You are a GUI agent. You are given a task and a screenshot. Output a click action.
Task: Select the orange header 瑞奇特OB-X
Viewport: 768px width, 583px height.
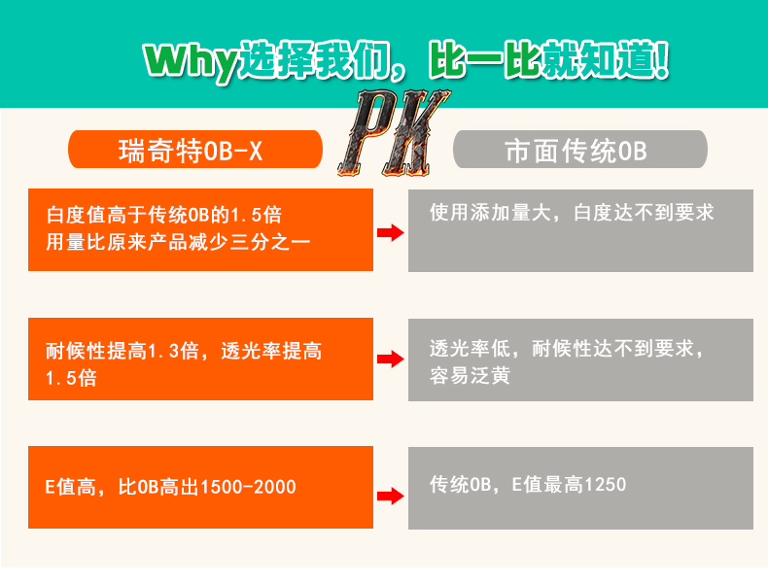[x=195, y=151]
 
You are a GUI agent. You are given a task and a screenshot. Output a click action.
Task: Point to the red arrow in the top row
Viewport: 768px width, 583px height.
[x=390, y=232]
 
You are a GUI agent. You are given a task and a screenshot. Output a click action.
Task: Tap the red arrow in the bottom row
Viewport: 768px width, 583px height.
[x=390, y=496]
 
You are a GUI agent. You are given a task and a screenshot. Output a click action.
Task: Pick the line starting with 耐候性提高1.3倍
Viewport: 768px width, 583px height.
[x=184, y=352]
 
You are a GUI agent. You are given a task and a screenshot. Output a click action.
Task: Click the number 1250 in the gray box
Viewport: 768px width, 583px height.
[x=604, y=485]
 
